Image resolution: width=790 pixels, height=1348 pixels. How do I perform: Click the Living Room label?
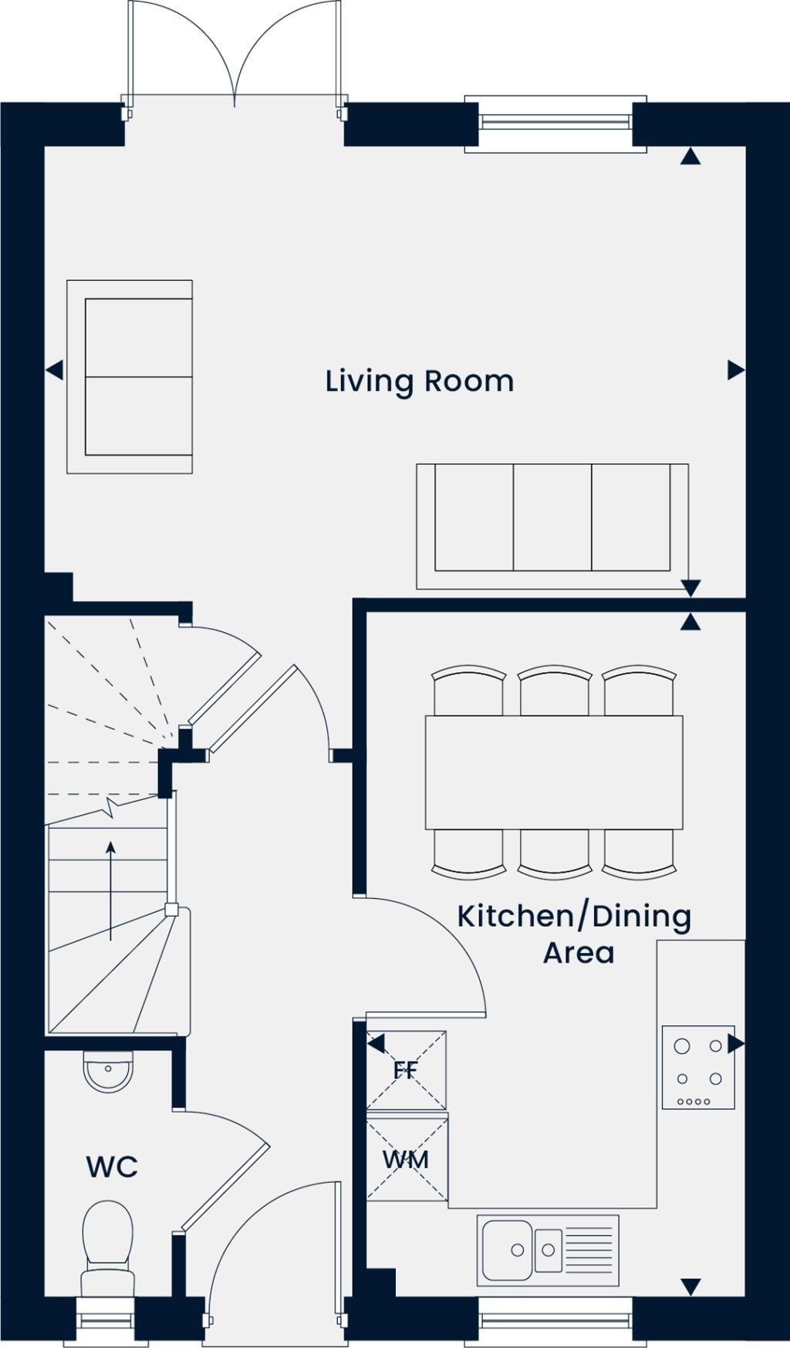pos(419,381)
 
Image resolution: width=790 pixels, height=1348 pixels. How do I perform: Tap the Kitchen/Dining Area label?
pos(575,934)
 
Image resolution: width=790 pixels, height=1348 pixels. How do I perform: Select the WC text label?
pos(112,1167)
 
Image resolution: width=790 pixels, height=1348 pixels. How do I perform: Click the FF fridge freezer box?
pos(407,1070)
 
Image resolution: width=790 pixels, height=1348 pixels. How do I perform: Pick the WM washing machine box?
pos(407,1159)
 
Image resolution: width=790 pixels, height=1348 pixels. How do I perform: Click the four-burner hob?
pos(698,1067)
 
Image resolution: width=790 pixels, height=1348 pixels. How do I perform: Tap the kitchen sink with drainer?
pos(547,1251)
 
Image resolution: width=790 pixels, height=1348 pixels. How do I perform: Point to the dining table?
pos(553,772)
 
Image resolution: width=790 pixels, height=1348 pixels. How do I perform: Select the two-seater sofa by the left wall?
pos(130,377)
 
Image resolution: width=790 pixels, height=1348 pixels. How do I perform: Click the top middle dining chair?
pos(553,690)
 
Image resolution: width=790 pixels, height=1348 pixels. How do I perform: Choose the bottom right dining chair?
pos(638,855)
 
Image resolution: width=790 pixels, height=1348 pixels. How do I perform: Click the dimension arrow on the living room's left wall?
pos(53,370)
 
